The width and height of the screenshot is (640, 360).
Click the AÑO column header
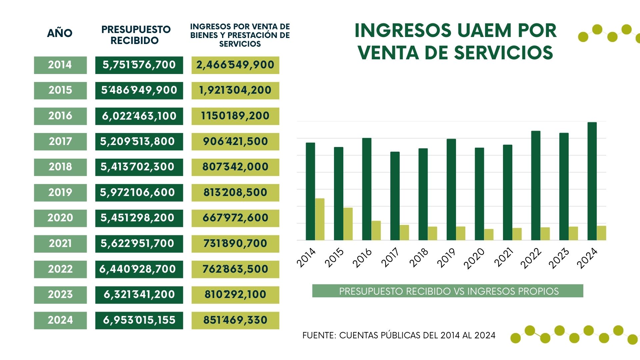(60, 33)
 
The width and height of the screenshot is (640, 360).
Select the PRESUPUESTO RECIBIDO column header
(136, 35)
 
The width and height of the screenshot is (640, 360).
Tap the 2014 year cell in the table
(60, 65)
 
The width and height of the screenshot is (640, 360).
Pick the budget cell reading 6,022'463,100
(139, 116)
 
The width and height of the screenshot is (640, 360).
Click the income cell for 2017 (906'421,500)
(235, 141)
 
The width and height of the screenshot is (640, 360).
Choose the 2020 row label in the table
(60, 218)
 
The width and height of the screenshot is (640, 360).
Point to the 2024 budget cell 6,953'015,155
(139, 320)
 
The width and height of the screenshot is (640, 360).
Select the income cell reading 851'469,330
(235, 320)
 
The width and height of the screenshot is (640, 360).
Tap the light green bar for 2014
(320, 219)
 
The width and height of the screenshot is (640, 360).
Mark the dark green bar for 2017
(395, 196)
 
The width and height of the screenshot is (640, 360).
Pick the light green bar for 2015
(348, 224)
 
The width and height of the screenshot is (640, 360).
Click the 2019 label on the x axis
(447, 258)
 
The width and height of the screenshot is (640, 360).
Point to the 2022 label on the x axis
(531, 258)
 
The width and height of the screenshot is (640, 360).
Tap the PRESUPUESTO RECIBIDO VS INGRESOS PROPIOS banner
(448, 291)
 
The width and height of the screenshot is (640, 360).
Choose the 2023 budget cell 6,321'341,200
(139, 295)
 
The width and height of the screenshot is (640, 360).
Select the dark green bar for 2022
(536, 185)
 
